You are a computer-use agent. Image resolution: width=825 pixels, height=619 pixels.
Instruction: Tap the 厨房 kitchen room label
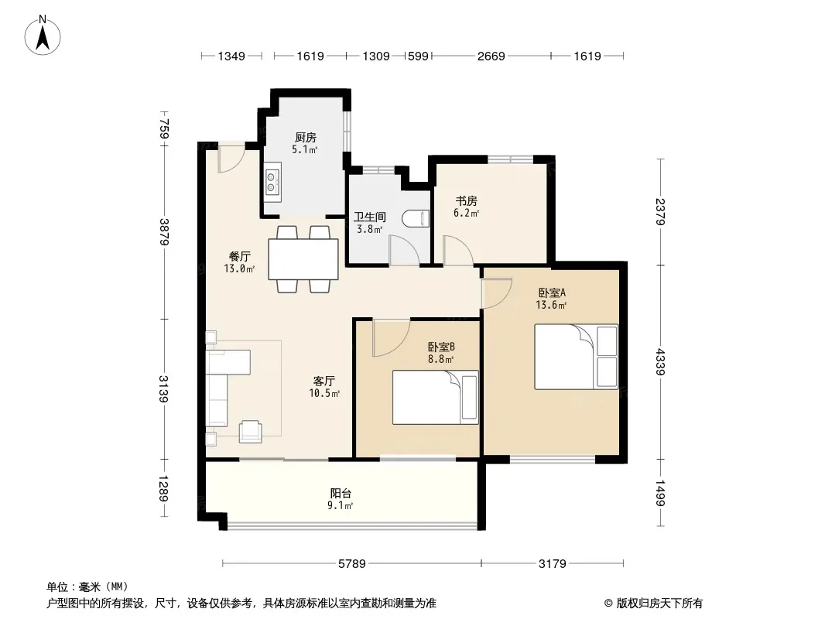click(305, 138)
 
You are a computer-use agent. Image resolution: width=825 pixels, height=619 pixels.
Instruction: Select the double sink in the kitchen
click(272, 182)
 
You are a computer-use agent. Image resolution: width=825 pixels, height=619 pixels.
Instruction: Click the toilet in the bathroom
click(416, 218)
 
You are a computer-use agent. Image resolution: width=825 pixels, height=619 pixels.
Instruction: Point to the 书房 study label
click(466, 201)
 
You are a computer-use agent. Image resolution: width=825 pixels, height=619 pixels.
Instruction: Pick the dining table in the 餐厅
click(303, 259)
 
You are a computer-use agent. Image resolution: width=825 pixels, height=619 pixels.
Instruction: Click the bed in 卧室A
click(576, 357)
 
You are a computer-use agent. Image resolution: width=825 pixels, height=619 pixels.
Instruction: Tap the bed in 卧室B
click(435, 397)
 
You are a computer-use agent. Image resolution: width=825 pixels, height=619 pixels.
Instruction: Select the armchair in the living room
click(250, 431)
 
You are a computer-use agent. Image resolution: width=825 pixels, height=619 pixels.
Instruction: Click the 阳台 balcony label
click(341, 494)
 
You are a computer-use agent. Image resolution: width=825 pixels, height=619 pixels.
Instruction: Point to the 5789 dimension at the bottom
click(351, 564)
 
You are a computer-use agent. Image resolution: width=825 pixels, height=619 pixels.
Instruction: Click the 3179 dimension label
click(552, 564)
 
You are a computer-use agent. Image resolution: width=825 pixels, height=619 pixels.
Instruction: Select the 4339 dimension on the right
click(660, 362)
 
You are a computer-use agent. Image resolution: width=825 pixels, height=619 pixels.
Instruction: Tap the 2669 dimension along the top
click(491, 56)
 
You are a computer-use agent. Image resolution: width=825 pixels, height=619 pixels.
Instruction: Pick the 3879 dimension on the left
click(164, 231)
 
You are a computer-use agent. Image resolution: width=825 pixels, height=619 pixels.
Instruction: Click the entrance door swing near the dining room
click(231, 158)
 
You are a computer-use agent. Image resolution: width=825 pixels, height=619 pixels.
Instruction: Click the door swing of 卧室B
click(390, 337)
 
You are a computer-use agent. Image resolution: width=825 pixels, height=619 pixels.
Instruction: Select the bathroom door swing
click(403, 250)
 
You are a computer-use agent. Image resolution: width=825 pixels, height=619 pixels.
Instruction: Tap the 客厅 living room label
click(323, 381)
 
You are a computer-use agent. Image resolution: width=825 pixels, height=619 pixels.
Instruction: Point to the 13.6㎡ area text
click(551, 305)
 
